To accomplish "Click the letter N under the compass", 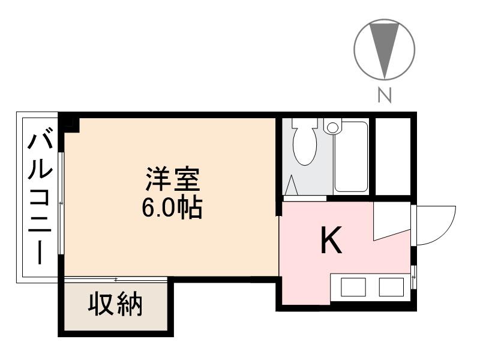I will [x=385, y=95].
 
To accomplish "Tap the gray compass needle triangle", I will [x=385, y=45].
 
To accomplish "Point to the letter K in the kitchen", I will [x=331, y=241].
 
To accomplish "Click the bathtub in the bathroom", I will [x=351, y=157].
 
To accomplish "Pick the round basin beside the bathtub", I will [x=332, y=127].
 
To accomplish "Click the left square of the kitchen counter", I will [x=353, y=287].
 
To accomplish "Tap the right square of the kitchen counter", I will [x=391, y=287].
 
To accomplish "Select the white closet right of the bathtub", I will [x=393, y=156].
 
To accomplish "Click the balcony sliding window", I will [x=61, y=204].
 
